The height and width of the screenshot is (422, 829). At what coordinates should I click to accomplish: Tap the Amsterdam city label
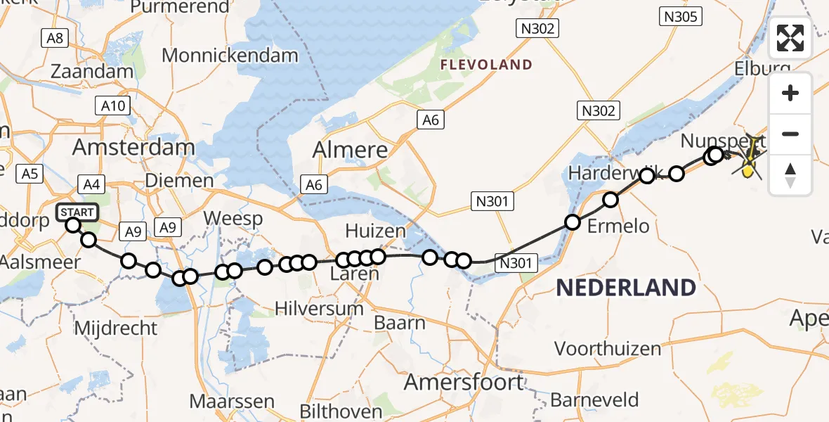pyautogui.click(x=133, y=148)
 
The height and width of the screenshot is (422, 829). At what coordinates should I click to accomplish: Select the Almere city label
pyautogui.click(x=349, y=150)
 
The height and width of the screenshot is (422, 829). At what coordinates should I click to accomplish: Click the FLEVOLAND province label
pyautogui.click(x=486, y=65)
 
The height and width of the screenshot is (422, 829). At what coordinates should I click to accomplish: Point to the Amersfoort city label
pyautogui.click(x=464, y=383)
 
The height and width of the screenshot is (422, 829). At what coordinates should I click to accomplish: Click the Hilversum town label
pyautogui.click(x=320, y=308)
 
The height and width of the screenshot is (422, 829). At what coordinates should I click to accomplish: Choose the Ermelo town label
pyautogui.click(x=618, y=226)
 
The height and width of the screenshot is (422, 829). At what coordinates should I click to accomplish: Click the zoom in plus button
pyautogui.click(x=790, y=93)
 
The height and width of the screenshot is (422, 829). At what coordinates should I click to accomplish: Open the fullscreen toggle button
pyautogui.click(x=790, y=38)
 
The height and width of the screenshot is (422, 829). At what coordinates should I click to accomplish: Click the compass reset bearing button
pyautogui.click(x=790, y=174)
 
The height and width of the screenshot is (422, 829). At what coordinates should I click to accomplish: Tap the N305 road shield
pyautogui.click(x=680, y=15)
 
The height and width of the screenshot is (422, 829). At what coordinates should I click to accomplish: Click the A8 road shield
pyautogui.click(x=55, y=38)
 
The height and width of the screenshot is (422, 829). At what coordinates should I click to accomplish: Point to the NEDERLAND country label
pyautogui.click(x=626, y=287)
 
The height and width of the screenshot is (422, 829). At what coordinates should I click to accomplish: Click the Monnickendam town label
pyautogui.click(x=230, y=56)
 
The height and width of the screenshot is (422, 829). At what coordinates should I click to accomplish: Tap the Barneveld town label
pyautogui.click(x=594, y=400)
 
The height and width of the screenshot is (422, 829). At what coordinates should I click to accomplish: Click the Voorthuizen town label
pyautogui.click(x=608, y=348)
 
